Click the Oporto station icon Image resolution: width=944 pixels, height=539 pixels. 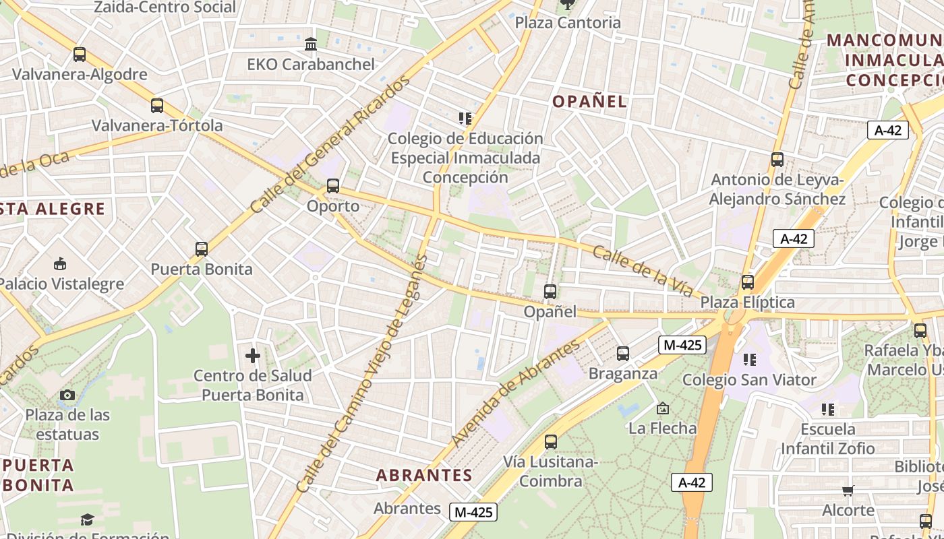coord(332,186)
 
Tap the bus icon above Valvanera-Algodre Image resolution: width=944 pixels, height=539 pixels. coord(80,55)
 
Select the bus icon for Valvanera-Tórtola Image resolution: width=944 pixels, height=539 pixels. coord(157,106)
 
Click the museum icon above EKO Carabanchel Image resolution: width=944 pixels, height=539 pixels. coord(311,44)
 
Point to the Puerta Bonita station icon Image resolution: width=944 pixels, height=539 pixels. coord(201,249)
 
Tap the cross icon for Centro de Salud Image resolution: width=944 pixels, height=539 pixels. coord(253,355)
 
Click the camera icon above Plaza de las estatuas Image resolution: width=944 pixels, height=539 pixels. coord(67,395)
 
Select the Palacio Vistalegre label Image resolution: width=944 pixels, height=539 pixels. coord(62,284)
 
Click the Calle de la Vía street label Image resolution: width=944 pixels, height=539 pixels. coord(643,272)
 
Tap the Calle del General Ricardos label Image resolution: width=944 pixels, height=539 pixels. coord(330,145)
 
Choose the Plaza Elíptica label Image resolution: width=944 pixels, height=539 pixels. coord(748,302)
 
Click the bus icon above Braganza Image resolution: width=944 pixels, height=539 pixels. coord(623,353)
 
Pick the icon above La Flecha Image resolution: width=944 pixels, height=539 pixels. coord(663,408)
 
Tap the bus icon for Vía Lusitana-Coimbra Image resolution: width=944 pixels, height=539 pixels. coord(551,442)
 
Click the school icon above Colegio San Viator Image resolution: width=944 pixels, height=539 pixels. coord(749,360)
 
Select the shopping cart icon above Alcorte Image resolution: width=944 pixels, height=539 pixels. coord(848,490)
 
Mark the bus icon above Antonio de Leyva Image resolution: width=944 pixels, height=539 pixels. coord(777,160)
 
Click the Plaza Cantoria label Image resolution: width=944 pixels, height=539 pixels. coord(568,22)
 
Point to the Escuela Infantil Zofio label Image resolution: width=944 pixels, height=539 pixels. coord(828,439)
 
